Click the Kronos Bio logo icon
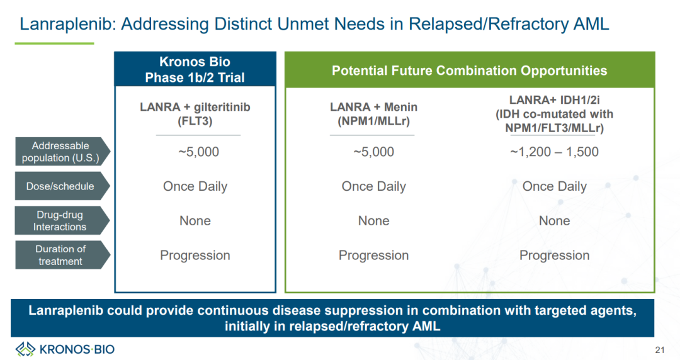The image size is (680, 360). tap(25, 349)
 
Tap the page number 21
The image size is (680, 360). tap(660, 350)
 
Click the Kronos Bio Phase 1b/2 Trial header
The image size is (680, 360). tap(195, 69)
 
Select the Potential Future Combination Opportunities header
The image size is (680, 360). tap(470, 70)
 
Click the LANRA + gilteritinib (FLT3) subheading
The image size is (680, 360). tap(195, 114)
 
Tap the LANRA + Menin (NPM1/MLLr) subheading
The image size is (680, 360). tap(373, 114)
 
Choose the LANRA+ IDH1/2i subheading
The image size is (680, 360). tap(554, 100)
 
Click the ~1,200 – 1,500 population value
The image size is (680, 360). tap(554, 152)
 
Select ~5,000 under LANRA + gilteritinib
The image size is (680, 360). tap(198, 152)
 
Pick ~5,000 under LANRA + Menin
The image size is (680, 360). tap(373, 152)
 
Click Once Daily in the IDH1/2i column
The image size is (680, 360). tap(554, 186)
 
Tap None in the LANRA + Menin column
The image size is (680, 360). tap(373, 221)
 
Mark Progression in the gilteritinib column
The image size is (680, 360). tap(195, 256)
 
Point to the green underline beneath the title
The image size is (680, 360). tap(54, 43)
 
